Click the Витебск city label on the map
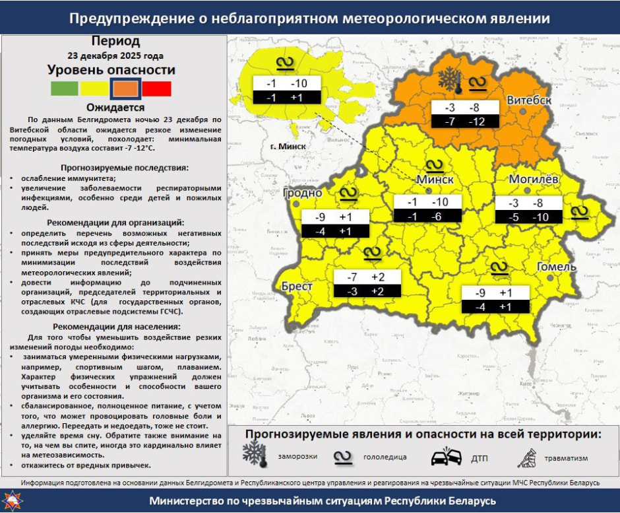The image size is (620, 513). [529, 100]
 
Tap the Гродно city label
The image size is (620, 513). [302, 193]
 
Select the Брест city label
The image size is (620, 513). [297, 287]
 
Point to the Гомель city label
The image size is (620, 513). [556, 267]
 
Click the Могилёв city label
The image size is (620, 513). [533, 180]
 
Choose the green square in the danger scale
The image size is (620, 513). [64, 88]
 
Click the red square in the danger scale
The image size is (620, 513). [157, 88]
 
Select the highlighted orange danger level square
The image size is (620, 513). [125, 88]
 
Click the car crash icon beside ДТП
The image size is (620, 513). [446, 458]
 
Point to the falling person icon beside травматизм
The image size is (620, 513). [527, 456]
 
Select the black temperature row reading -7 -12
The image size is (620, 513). [466, 121]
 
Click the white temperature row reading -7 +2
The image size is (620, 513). [367, 277]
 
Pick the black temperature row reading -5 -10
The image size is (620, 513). [529, 217]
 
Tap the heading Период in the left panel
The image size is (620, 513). [115, 41]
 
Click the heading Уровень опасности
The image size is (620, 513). [111, 70]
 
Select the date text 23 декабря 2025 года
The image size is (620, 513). [115, 55]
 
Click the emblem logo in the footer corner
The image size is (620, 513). [13, 500]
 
